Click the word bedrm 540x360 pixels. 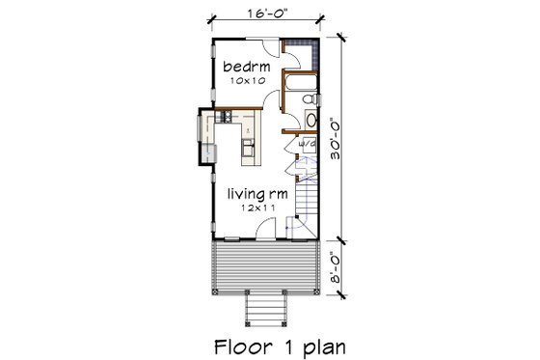point(247,67)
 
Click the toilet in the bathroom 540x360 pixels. point(305,98)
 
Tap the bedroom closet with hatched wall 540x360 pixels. point(300,54)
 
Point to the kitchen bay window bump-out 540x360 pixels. point(204,135)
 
